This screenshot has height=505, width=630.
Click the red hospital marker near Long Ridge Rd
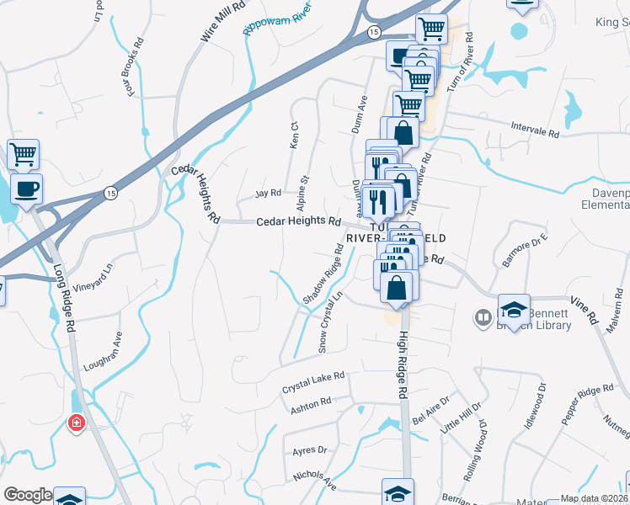click(77, 423)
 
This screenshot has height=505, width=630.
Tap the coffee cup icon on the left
click(26, 188)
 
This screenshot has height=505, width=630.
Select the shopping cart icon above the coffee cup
click(23, 154)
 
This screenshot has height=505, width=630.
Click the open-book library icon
click(483, 318)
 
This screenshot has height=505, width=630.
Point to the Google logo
click(27, 495)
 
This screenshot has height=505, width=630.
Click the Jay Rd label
click(268, 194)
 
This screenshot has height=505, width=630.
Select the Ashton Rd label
click(311, 403)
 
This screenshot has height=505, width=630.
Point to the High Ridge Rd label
click(403, 364)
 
